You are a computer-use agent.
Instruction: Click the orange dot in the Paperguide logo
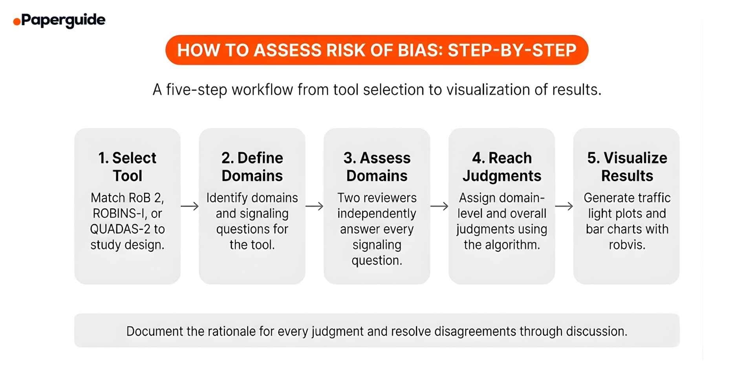click(x=16, y=22)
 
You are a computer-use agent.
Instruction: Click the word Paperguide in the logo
click(x=63, y=20)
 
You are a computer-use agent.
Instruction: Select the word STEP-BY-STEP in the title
click(x=512, y=50)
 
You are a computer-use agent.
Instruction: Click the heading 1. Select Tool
click(x=127, y=167)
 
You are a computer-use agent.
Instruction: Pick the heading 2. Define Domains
click(x=252, y=167)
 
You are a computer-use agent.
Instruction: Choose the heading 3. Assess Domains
click(x=377, y=167)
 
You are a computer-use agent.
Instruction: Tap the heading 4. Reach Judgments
click(x=502, y=167)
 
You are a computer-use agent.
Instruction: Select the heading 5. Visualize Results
click(x=627, y=167)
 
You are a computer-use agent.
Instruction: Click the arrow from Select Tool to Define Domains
click(x=190, y=206)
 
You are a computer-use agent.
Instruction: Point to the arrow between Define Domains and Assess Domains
click(x=315, y=206)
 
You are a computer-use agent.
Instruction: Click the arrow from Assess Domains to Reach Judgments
click(x=439, y=206)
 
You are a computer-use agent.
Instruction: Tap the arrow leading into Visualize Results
click(x=564, y=206)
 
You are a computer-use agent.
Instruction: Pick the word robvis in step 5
click(x=627, y=245)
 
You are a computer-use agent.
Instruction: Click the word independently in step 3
click(x=377, y=213)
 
